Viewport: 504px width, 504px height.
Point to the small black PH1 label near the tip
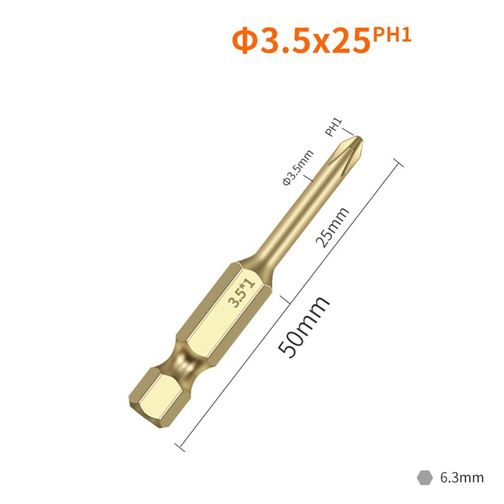(x=334, y=127)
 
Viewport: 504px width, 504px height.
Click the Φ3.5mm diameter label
(x=298, y=167)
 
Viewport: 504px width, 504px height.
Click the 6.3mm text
(x=461, y=476)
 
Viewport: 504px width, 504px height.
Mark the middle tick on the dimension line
(x=289, y=300)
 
